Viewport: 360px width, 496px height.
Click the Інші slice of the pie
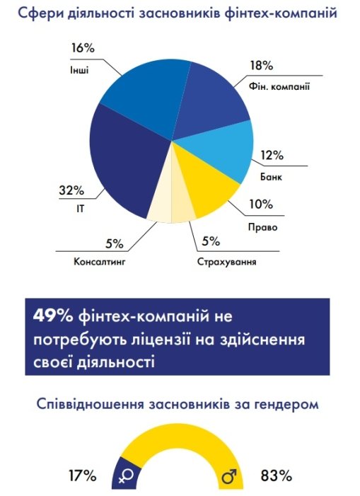[145, 92]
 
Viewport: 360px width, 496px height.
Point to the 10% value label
[260, 205]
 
